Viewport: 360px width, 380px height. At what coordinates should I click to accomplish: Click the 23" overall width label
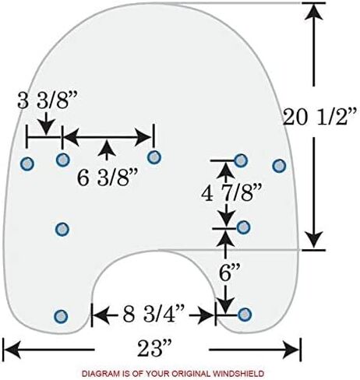154,348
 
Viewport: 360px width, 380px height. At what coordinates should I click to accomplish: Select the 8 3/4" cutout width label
154,315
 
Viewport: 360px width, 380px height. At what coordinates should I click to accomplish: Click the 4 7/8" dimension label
231,194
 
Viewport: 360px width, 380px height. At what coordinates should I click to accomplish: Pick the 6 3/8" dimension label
107,178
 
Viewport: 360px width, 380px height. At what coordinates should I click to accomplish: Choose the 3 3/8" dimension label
48,100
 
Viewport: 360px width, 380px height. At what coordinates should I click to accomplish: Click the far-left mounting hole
27,164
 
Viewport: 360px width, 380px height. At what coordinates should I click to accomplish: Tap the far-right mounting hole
279,166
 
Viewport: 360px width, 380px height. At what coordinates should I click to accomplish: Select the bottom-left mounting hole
61,316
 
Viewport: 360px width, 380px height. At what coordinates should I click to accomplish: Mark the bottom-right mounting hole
245,315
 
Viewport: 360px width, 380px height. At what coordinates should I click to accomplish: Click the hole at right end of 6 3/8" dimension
154,157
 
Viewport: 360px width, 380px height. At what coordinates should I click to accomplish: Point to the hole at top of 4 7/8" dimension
241,160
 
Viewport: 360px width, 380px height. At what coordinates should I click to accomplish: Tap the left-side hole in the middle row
62,229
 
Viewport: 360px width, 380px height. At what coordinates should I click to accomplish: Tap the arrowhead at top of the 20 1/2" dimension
314,12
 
